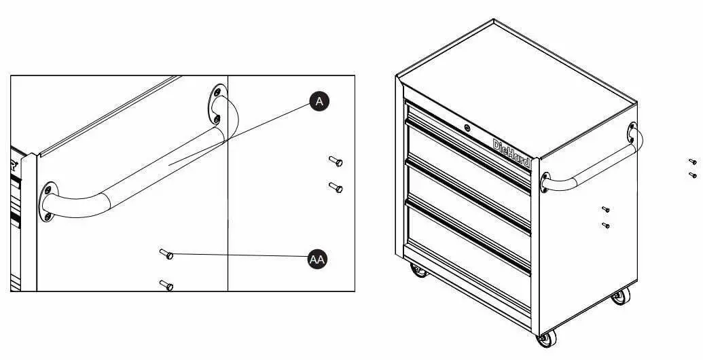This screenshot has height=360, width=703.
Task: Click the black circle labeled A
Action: click(319, 101)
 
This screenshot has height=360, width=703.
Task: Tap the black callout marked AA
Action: click(317, 259)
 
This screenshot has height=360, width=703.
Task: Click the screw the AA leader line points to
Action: click(166, 254)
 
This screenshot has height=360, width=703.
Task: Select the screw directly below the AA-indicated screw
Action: click(166, 284)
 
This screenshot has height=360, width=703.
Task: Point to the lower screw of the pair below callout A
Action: click(336, 187)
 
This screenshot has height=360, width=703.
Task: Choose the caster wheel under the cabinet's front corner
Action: click(544, 339)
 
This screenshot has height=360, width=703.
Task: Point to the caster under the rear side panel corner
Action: click(619, 296)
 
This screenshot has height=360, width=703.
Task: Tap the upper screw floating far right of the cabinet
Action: click(692, 162)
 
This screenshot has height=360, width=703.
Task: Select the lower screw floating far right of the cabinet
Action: click(692, 175)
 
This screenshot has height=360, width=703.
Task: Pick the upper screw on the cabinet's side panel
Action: click(605, 209)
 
